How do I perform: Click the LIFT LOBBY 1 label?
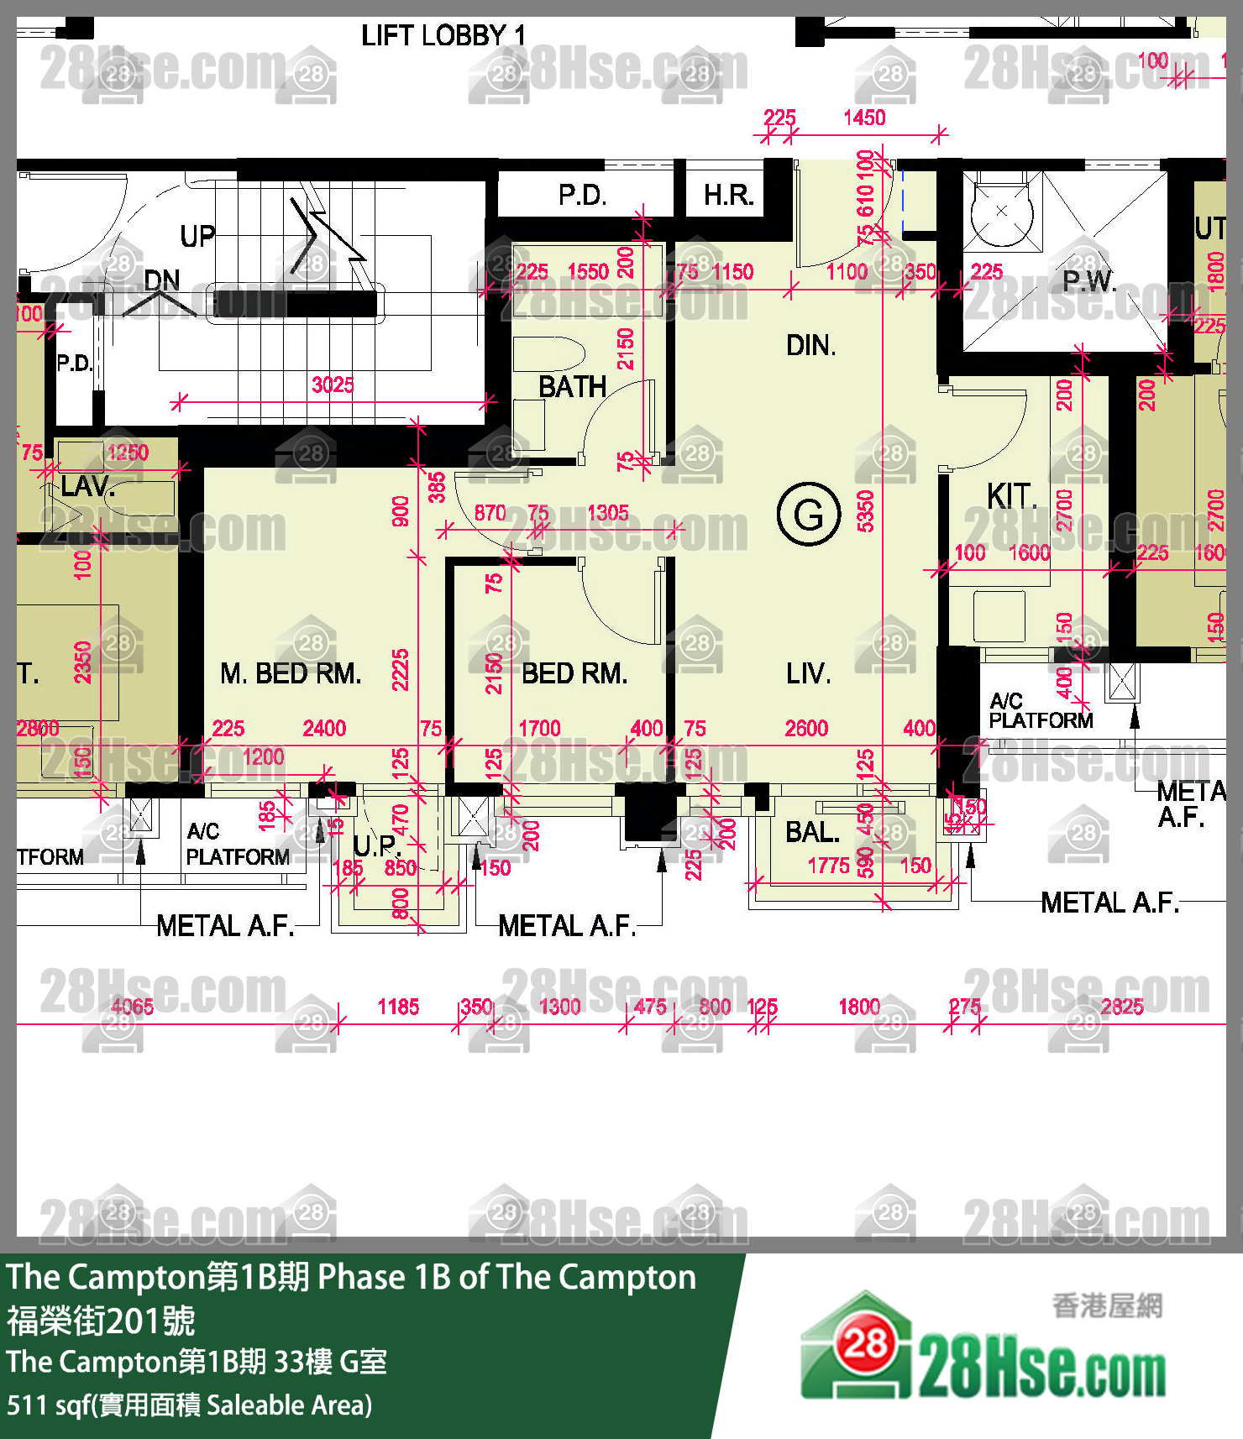point(443,35)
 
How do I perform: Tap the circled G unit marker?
point(809,514)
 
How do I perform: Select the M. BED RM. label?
point(291,673)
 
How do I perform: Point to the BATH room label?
point(572,387)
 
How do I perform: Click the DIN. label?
point(810,345)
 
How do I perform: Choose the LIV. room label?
point(808,673)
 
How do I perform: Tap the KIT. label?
point(1012,496)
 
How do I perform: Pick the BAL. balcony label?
point(812,832)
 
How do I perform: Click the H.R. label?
point(728,196)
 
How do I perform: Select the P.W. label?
point(1088,281)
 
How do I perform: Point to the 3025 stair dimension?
point(333,385)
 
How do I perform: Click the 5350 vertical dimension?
point(865,511)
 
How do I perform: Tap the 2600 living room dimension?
point(806,728)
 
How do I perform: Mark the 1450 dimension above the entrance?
point(864,118)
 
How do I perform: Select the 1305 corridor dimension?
point(607,513)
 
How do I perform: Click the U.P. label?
point(376,845)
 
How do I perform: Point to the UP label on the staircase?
point(197,236)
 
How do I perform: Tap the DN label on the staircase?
point(162,280)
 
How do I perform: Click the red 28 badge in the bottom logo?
point(865,1345)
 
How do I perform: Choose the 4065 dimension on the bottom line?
point(133,1007)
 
